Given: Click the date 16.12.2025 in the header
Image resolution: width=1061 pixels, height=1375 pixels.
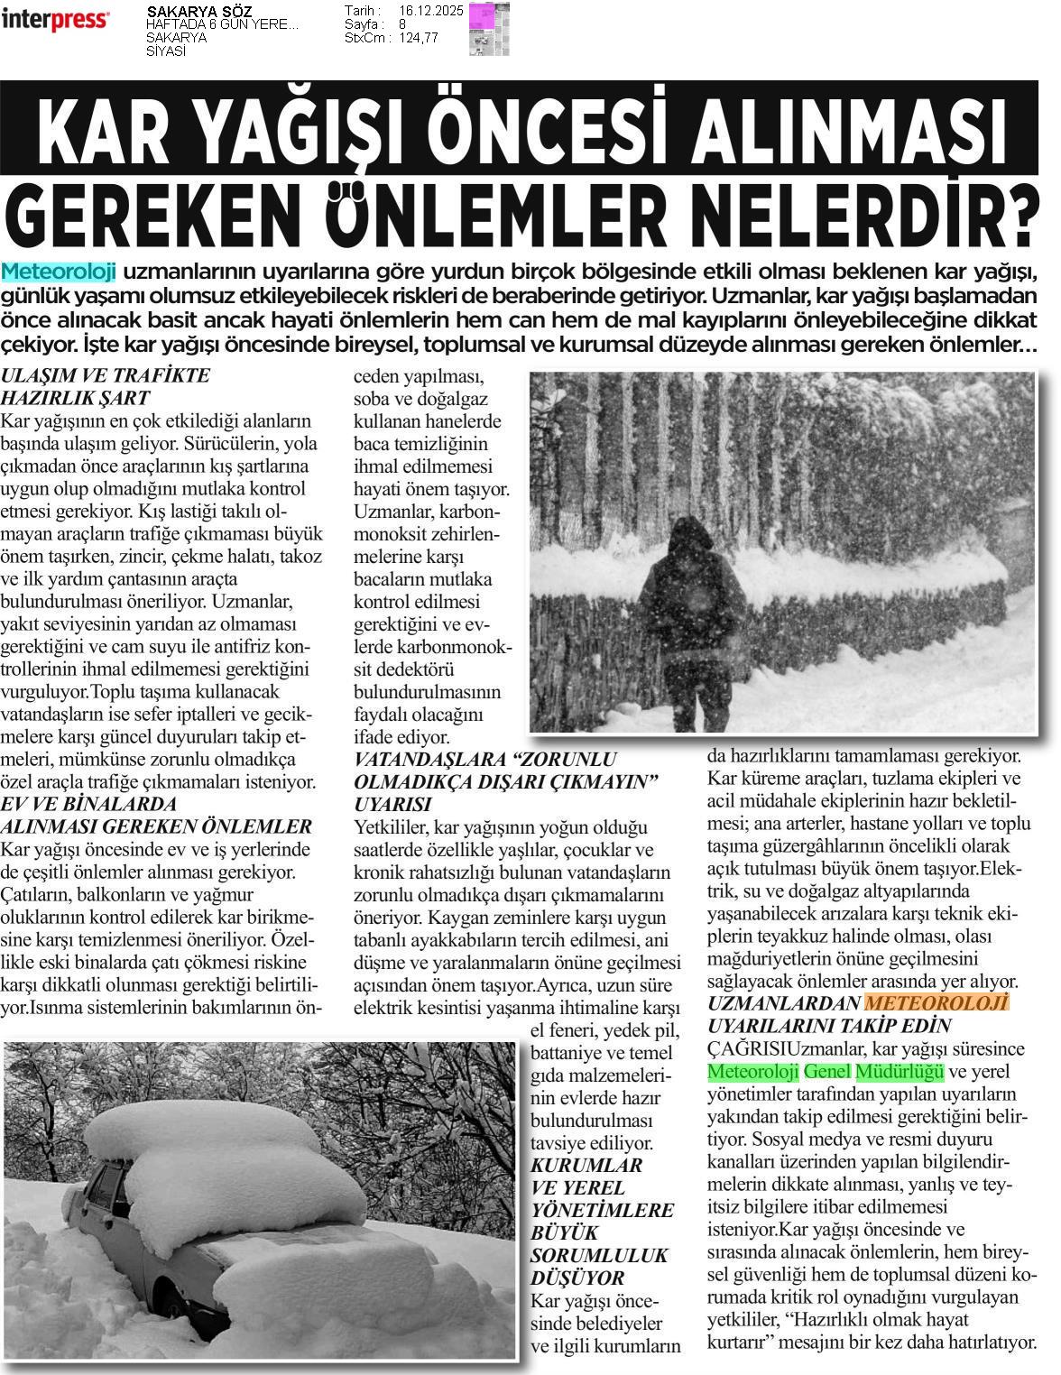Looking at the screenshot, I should pyautogui.click(x=430, y=11).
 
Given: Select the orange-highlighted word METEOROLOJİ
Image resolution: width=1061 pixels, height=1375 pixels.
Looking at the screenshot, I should pyautogui.click(x=936, y=1004).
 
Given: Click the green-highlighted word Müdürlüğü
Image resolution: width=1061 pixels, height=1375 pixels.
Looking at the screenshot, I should pyautogui.click(x=899, y=1072).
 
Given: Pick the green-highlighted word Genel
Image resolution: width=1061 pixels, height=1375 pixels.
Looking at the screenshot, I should pyautogui.click(x=826, y=1072).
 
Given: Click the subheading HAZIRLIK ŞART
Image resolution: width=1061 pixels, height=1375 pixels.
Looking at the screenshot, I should pyautogui.click(x=75, y=398).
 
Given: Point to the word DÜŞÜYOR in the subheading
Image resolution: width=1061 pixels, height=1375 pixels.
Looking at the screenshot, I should pyautogui.click(x=577, y=1278).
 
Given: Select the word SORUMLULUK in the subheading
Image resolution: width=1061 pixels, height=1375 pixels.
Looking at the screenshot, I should pyautogui.click(x=599, y=1255).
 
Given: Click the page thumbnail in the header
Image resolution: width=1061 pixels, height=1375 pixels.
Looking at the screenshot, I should pyautogui.click(x=488, y=29).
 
